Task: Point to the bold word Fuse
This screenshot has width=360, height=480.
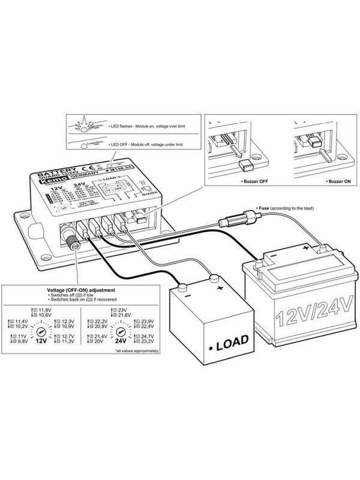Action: pyautogui.click(x=262, y=208)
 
